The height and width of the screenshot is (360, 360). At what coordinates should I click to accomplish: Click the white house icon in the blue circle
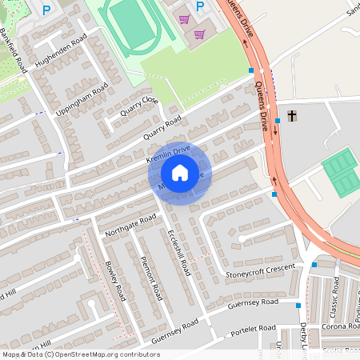[x=180, y=173]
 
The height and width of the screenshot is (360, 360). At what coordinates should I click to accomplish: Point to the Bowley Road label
[x=114, y=280]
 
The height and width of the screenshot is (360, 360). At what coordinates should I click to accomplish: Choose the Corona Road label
[x=341, y=326]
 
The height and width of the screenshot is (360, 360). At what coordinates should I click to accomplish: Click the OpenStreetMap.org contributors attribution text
[x=104, y=354]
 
